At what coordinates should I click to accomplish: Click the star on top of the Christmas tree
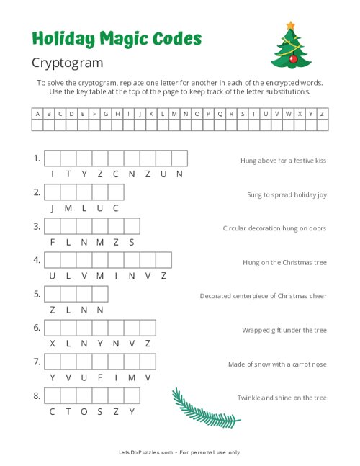(290, 25)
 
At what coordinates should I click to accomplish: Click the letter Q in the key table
(231, 114)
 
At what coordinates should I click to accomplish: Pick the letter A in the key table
(37, 114)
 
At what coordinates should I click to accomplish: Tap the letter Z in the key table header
(322, 114)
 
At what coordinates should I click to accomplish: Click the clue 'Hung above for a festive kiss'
(283, 161)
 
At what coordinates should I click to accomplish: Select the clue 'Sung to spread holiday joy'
(287, 194)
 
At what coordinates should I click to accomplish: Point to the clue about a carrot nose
(277, 364)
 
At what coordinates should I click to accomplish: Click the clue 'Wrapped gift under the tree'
(284, 330)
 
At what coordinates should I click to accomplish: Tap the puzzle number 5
(37, 294)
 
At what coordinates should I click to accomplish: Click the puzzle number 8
(37, 395)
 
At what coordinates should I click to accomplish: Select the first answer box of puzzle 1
(53, 158)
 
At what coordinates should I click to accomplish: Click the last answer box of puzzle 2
(116, 192)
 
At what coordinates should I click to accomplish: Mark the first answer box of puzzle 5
(53, 294)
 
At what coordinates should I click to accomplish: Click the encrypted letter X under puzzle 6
(53, 344)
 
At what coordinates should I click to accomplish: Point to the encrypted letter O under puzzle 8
(84, 411)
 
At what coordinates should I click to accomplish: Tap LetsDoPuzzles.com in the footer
(147, 452)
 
